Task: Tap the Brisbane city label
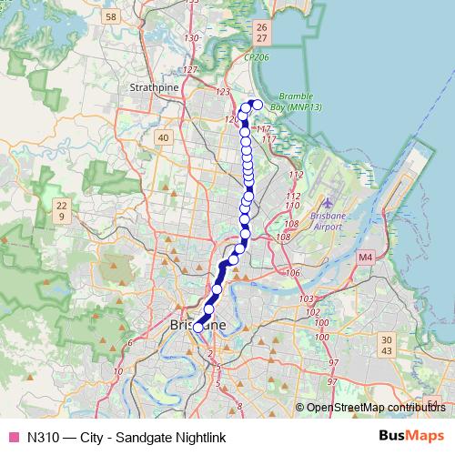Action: [x=198, y=324]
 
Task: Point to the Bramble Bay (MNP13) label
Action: [x=300, y=101]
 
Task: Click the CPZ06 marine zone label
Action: [x=257, y=56]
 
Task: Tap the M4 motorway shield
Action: [x=365, y=258]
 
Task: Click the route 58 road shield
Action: [x=111, y=16]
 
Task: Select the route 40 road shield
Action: [x=164, y=137]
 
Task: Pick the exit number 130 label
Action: [x=191, y=38]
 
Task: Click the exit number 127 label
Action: [x=190, y=70]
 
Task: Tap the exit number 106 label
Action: [x=293, y=273]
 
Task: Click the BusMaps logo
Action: [x=412, y=436]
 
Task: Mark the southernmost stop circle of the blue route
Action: [x=198, y=328]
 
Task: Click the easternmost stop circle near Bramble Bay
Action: [x=257, y=105]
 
